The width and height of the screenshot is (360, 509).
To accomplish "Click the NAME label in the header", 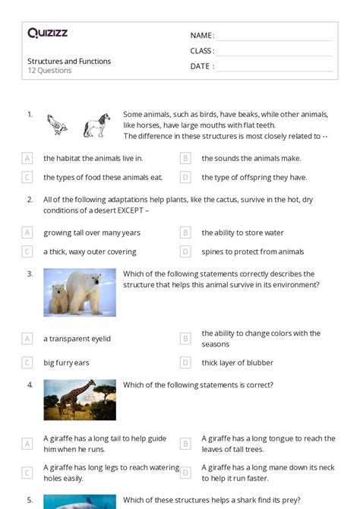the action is coord(202,36).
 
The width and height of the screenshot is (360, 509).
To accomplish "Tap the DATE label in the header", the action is coord(201,66).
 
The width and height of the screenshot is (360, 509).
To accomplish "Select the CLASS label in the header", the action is coord(202,51).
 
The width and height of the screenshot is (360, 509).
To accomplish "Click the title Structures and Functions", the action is coord(69,61).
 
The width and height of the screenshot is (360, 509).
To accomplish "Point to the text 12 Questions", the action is coord(49,71).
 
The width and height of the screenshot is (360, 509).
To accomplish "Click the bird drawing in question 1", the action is coord(56,125).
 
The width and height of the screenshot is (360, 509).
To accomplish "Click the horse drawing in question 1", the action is coord(96,125).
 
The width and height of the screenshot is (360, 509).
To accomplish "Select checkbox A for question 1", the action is coord(27,158).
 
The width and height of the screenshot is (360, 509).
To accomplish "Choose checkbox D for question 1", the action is coord(185,177).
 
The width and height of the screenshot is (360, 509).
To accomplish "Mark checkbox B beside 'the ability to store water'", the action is coord(185,232).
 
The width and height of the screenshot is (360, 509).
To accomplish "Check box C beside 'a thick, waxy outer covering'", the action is coord(27,251).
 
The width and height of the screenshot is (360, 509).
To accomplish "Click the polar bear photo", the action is coord(80,292).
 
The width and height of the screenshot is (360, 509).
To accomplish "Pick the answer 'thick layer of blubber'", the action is coord(237,362).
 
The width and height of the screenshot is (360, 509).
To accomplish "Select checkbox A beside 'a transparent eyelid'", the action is coord(27,338).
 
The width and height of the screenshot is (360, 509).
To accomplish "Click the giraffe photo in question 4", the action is coord(80,400).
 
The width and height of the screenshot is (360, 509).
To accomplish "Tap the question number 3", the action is coord(30,273).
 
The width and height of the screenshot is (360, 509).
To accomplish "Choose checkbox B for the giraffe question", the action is coord(185,443).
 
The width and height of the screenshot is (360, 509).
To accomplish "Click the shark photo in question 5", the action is coord(80,501).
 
